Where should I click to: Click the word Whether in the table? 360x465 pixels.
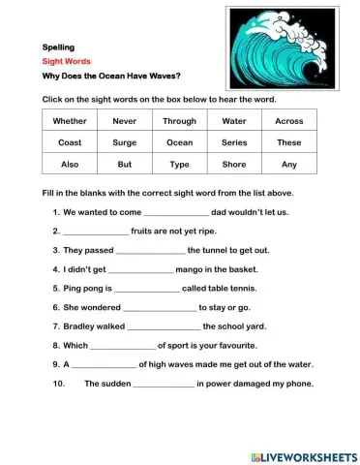[70, 121]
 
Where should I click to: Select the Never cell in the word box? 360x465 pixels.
[124, 121]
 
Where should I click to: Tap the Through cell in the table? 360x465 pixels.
[179, 121]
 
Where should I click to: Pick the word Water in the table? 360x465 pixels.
[233, 121]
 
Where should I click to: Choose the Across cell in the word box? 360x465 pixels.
[288, 121]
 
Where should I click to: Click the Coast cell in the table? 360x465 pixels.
[70, 142]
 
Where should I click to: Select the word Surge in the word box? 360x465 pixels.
[124, 142]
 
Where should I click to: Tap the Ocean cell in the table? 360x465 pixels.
[179, 142]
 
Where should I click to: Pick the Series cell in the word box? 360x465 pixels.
[233, 142]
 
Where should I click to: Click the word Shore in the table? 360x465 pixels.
[233, 165]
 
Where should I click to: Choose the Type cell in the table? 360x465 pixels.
[179, 165]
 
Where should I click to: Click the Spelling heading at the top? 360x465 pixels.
[59, 46]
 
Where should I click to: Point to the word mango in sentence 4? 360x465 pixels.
[195, 269]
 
